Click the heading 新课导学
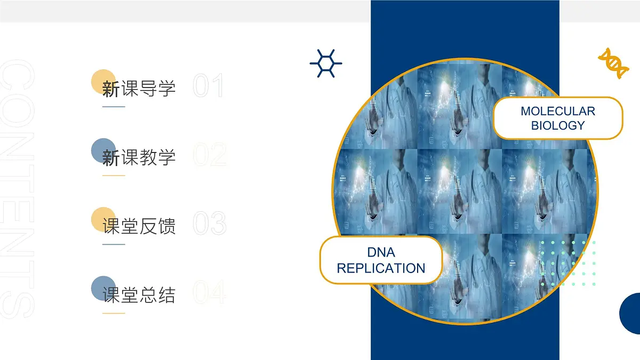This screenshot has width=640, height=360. coord(139,88)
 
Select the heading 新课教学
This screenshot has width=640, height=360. coord(139,157)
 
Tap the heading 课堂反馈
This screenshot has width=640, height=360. coord(139,226)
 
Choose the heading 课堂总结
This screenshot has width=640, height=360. coord(139,295)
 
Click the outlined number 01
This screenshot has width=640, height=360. coord(208,86)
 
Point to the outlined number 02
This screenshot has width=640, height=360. coord(209,155)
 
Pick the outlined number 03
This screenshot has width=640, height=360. coord(209,224)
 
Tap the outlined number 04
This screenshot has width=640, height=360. coord(209,293)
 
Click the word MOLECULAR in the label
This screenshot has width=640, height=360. coord(558,111)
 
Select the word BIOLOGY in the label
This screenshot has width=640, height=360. coord(558,126)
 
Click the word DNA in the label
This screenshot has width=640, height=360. coord(381,252)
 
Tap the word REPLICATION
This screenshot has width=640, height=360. coord(381,268)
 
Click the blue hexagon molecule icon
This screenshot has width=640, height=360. coord(326,63)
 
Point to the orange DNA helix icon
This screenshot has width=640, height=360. coord(613,63)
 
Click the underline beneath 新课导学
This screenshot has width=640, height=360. coord(114,107)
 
